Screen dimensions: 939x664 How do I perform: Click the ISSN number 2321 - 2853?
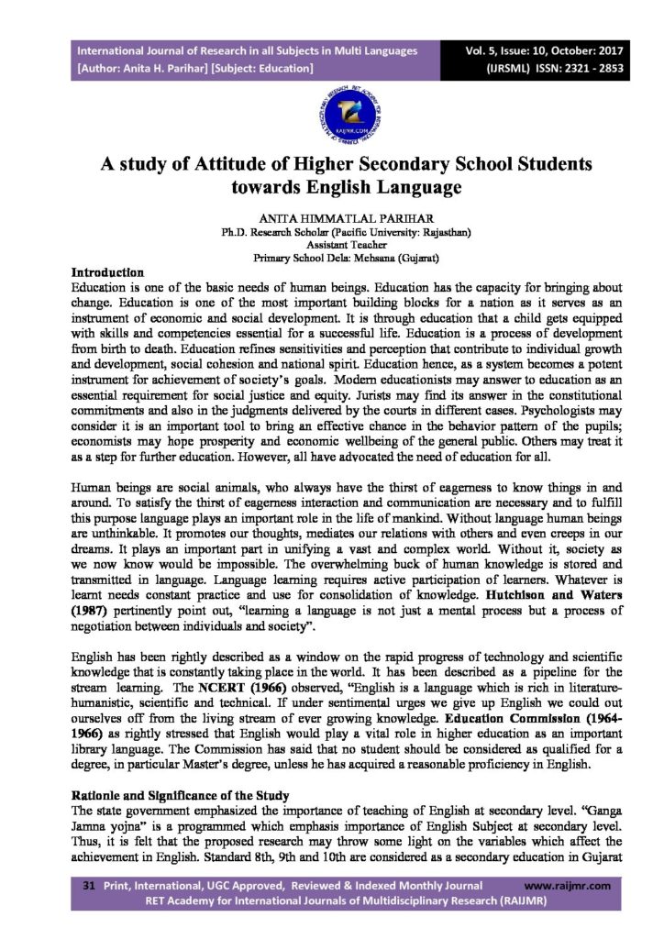point(584,69)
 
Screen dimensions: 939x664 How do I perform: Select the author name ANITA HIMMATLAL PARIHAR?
point(332,220)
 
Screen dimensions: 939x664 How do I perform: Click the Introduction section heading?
point(107,272)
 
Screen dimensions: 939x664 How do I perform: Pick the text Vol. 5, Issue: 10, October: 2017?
point(561,50)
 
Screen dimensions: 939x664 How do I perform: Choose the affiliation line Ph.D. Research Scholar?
point(332,234)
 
